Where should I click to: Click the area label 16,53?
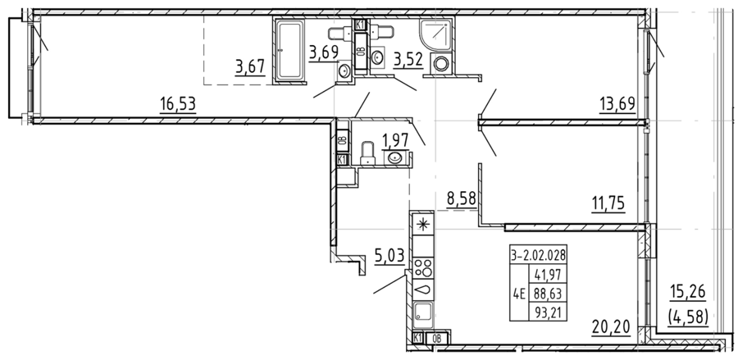tap(177, 103)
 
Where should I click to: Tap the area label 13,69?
tap(617, 103)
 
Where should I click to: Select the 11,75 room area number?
tap(608, 203)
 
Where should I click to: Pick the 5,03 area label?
tap(389, 257)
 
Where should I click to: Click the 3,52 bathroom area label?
tap(408, 59)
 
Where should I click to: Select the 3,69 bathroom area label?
tap(324, 52)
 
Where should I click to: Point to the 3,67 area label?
tap(250, 66)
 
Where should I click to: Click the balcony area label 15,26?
tap(688, 292)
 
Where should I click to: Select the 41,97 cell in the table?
tap(548, 273)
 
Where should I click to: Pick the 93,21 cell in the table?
tap(548, 311)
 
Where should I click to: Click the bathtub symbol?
tap(290, 51)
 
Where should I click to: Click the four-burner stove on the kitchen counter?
tap(422, 267)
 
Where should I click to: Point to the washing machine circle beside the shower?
tap(441, 63)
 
